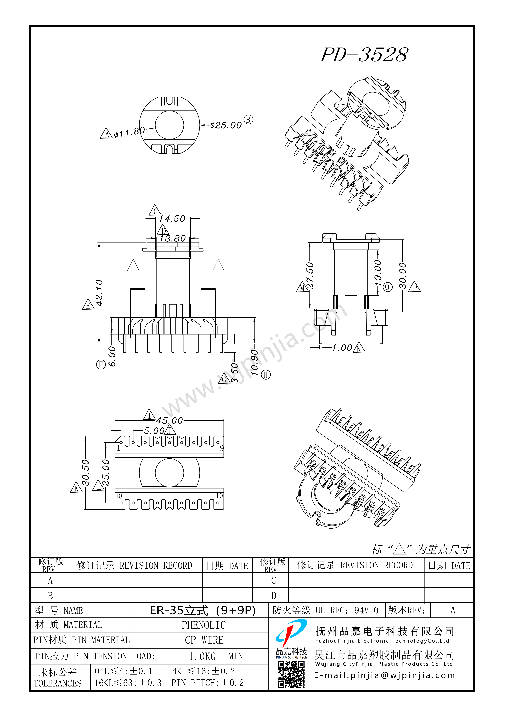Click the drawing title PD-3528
click(x=364, y=55)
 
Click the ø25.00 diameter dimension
click(x=226, y=126)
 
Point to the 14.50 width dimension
click(x=172, y=219)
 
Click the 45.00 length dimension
click(x=169, y=421)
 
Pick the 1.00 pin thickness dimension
click(x=342, y=348)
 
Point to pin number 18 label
click(x=119, y=496)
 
